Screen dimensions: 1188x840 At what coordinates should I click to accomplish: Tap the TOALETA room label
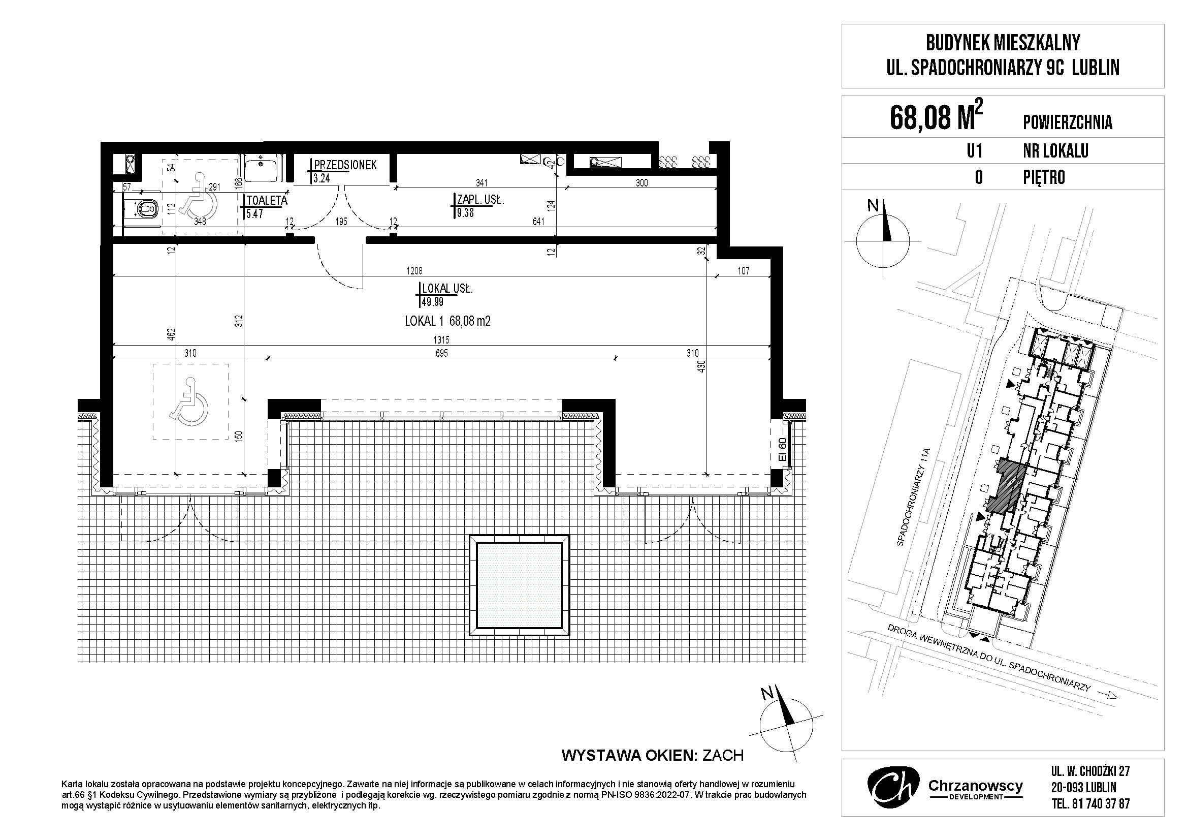pos(267,200)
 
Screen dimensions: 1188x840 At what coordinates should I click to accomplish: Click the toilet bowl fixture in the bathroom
pos(145,208)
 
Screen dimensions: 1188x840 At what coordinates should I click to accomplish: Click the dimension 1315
pos(442,340)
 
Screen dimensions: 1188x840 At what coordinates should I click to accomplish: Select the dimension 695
pos(441,353)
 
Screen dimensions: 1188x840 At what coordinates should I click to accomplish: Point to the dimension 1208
pos(414,270)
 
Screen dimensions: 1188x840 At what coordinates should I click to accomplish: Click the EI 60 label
pos(782,450)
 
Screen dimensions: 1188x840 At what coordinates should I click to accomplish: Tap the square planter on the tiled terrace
pos(519,585)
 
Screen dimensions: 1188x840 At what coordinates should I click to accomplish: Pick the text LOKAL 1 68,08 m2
pos(447,321)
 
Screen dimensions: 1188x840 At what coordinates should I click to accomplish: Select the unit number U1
pos(974,151)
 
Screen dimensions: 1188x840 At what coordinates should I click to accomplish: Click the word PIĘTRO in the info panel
pos(1044,177)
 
